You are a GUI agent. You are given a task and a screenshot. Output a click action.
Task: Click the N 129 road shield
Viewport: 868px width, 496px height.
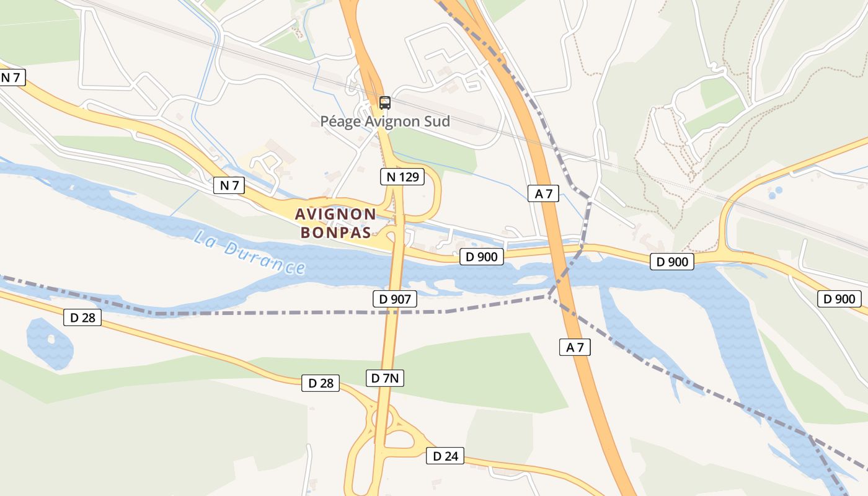402,177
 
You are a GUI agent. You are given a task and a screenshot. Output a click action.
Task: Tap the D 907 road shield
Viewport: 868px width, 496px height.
394,299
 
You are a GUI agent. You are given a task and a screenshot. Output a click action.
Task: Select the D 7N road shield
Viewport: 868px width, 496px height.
385,378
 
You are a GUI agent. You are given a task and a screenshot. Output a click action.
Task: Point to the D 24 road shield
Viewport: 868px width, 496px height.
445,456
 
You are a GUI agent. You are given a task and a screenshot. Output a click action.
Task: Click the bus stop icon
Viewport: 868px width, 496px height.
385,103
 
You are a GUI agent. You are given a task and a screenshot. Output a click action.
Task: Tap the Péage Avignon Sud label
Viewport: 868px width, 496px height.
385,121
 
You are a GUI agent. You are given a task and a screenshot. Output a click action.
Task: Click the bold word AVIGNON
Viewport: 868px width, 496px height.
335,215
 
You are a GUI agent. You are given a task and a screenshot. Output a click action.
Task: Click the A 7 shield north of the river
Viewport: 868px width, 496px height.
544,193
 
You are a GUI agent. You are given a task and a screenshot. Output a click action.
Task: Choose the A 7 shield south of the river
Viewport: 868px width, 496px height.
575,347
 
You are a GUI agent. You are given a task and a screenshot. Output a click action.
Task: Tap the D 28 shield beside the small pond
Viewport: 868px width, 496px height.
82,318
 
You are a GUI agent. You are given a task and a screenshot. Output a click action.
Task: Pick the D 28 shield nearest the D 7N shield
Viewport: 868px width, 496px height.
321,383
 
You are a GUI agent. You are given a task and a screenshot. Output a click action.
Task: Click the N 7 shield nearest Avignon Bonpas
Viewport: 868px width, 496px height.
229,185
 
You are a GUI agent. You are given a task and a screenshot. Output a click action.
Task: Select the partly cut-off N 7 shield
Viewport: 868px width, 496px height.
11,77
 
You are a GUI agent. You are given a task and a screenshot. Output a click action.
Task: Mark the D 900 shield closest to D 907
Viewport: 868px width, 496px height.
482,256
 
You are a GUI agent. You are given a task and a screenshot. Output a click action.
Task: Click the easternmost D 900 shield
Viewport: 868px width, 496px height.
839,299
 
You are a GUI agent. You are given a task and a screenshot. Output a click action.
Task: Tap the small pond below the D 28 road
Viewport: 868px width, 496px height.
50,343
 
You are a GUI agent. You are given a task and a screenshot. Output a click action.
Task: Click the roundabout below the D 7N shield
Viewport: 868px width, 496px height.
383,422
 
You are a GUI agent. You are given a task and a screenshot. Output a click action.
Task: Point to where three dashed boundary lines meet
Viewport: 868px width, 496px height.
547,296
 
